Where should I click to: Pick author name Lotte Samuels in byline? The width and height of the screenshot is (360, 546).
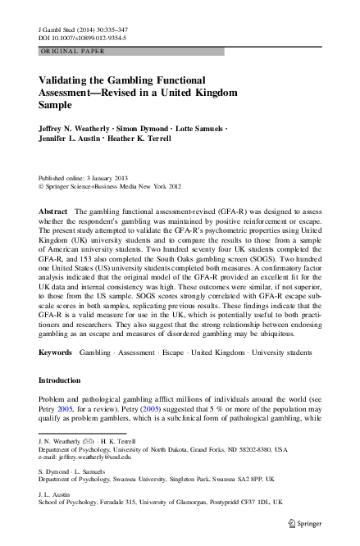click(204, 129)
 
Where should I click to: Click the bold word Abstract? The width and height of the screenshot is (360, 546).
click(52, 212)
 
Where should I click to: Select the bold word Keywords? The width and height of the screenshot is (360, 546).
click(56, 352)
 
